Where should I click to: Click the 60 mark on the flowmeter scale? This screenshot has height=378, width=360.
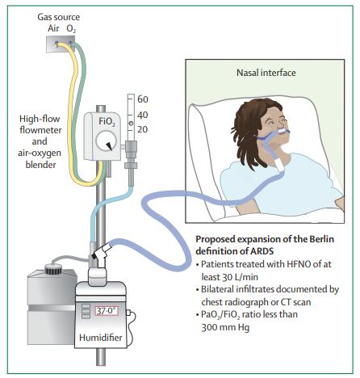tap(143, 99)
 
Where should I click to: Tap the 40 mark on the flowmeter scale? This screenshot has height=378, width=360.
tap(143, 115)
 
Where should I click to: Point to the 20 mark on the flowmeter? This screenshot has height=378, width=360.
tap(143, 129)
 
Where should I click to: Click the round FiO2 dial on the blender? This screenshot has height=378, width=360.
tap(107, 141)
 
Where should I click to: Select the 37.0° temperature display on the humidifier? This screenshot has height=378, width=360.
tap(107, 311)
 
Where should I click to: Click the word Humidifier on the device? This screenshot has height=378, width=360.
tap(101, 338)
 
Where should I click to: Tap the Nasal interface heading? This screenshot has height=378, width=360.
tap(266, 73)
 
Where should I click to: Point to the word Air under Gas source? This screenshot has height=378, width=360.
tap(53, 28)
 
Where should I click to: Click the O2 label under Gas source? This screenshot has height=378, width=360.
tap(71, 29)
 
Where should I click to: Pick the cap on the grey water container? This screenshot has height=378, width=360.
tap(53, 269)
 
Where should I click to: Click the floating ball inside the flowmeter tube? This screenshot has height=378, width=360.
tap(131, 124)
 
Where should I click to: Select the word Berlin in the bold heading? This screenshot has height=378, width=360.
tap(321, 239)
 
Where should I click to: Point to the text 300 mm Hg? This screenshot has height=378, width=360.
tap(225, 327)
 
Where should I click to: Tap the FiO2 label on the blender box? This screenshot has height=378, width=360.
tap(107, 121)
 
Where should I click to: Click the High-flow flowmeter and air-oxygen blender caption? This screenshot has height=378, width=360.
tap(40, 141)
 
